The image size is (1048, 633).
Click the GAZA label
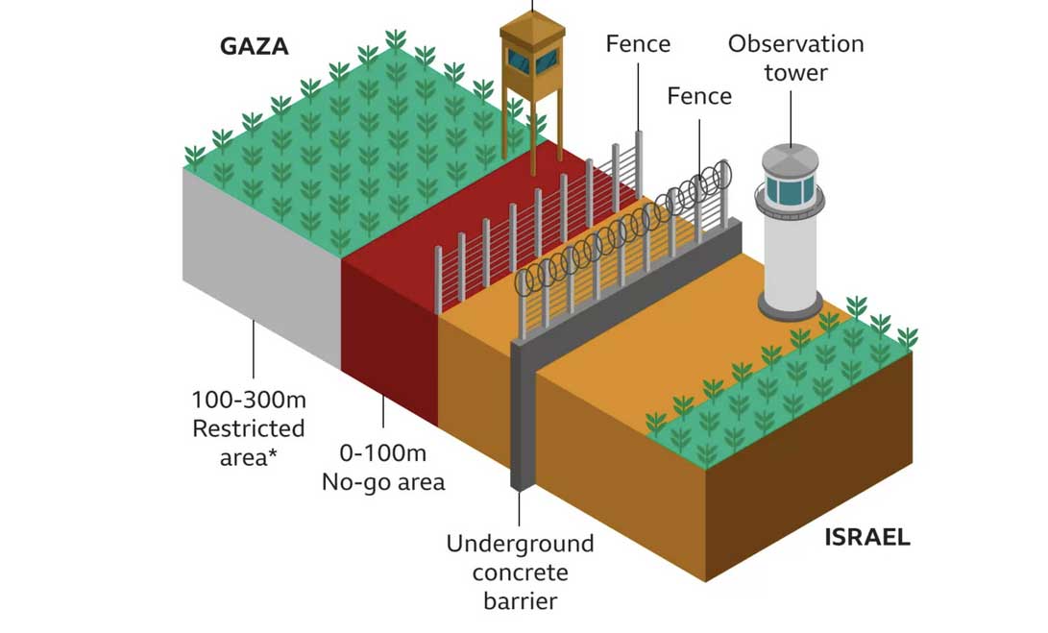point(255,47)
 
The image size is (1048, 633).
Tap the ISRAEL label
point(866,537)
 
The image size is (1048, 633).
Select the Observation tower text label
point(795,58)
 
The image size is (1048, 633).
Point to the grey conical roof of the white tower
point(790,158)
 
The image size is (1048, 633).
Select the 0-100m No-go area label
point(383,467)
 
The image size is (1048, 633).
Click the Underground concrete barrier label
point(520,572)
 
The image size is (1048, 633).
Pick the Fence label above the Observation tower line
point(638,43)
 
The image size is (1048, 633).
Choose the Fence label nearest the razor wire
point(699,96)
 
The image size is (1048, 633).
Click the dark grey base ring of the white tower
point(791,305)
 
